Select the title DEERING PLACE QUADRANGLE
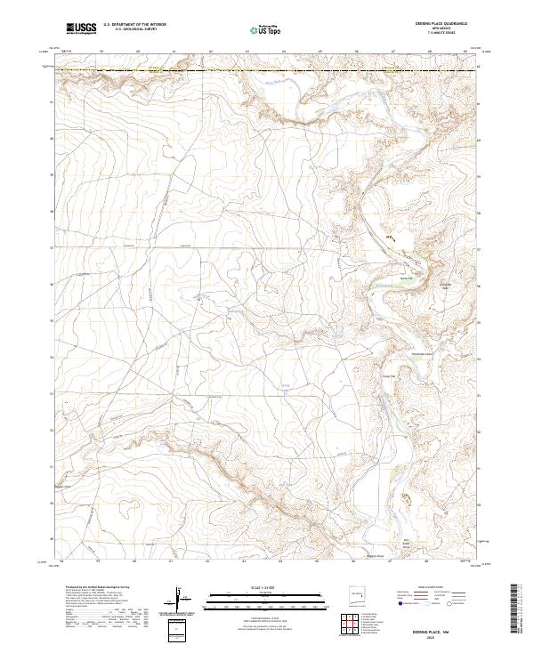click(440, 23)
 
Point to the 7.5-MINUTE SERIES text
click(440, 35)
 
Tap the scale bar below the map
click(266, 595)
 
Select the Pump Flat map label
click(387, 375)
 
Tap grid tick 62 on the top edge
click(210, 52)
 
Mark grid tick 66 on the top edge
click(356, 52)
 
